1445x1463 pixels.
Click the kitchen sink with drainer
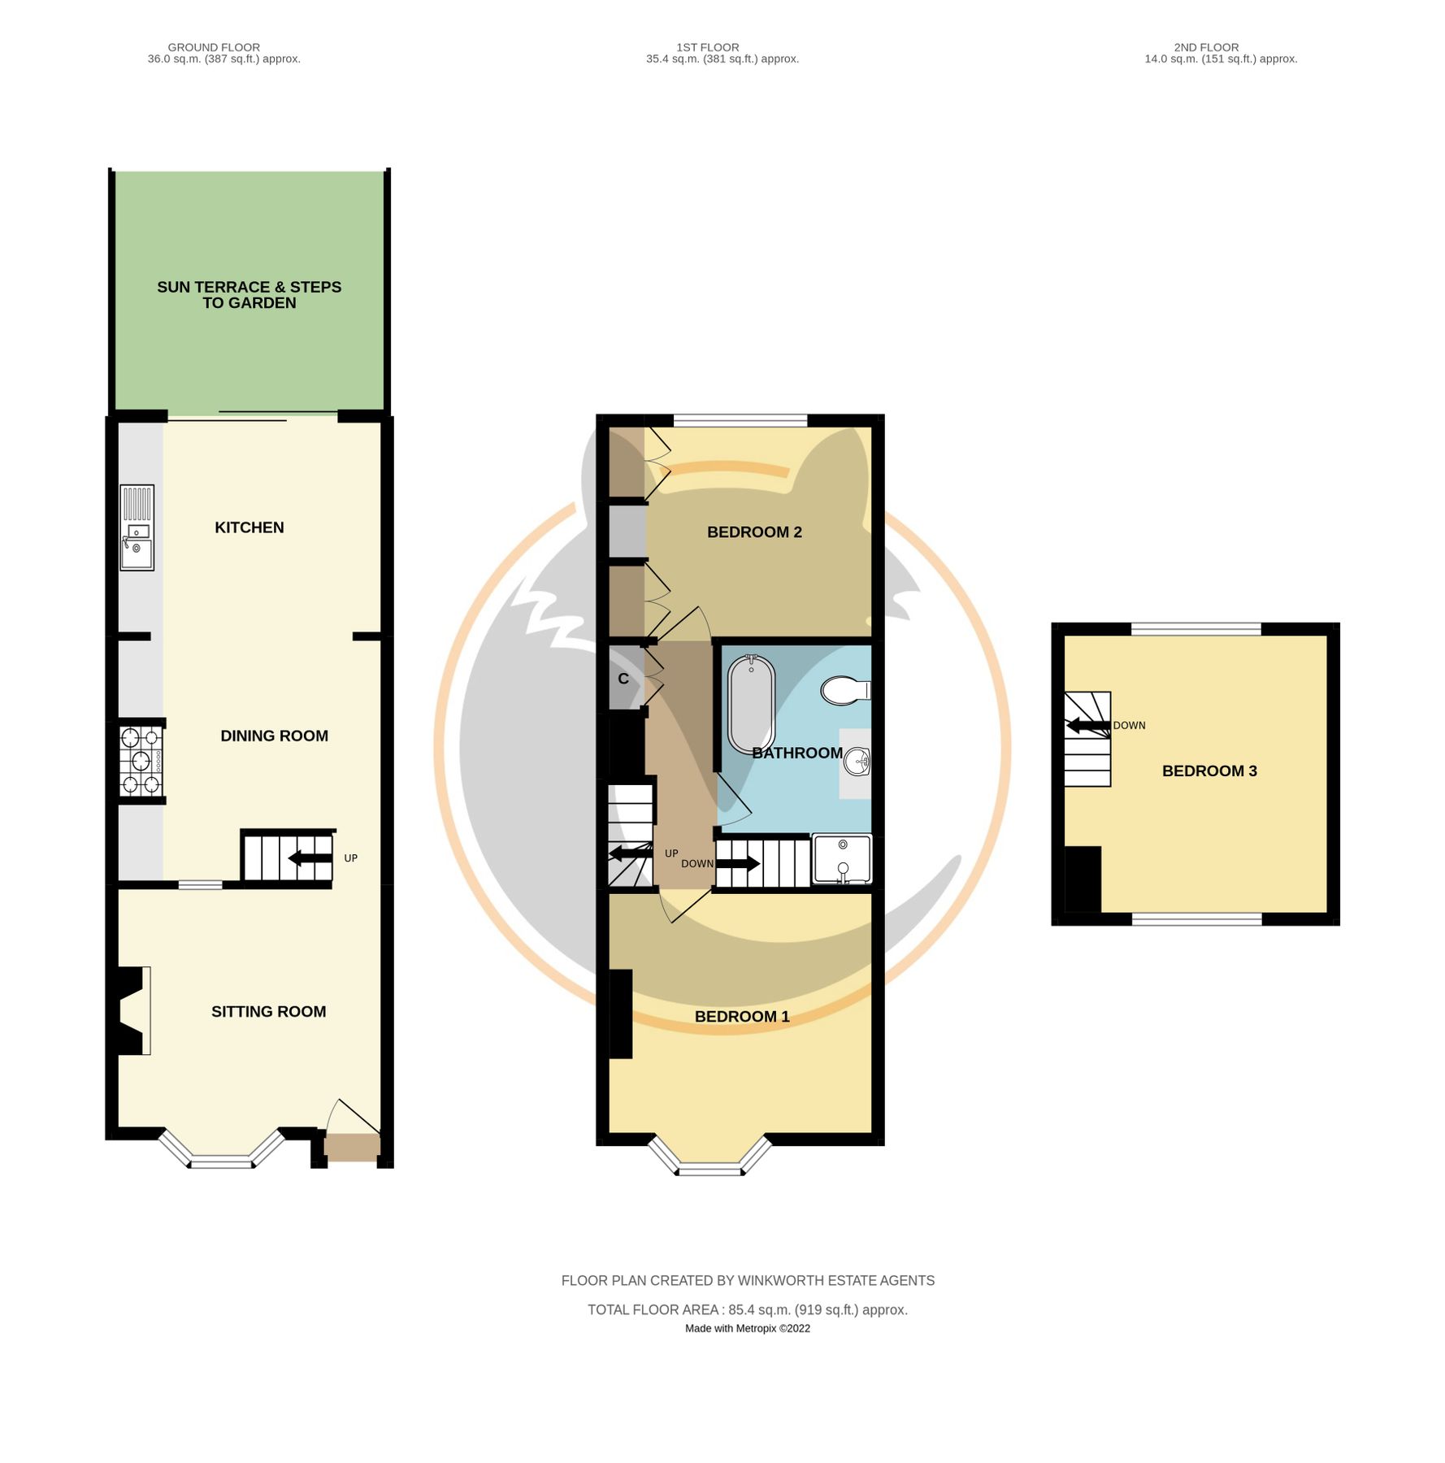(x=137, y=527)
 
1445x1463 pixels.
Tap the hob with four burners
(x=141, y=762)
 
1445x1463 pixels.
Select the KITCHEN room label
(x=249, y=527)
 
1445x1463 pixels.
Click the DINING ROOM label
(x=274, y=736)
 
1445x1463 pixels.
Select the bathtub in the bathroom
(x=750, y=704)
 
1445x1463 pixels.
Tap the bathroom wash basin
(x=856, y=762)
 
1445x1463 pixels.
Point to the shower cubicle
(x=842, y=860)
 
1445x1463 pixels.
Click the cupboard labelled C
(x=624, y=679)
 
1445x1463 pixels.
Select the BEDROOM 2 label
(x=754, y=532)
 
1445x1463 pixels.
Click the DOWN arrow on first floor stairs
(x=737, y=863)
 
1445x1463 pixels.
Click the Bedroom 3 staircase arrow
(x=1087, y=726)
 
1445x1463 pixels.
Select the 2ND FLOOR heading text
(x=1206, y=47)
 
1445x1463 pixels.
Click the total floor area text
(x=747, y=1309)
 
